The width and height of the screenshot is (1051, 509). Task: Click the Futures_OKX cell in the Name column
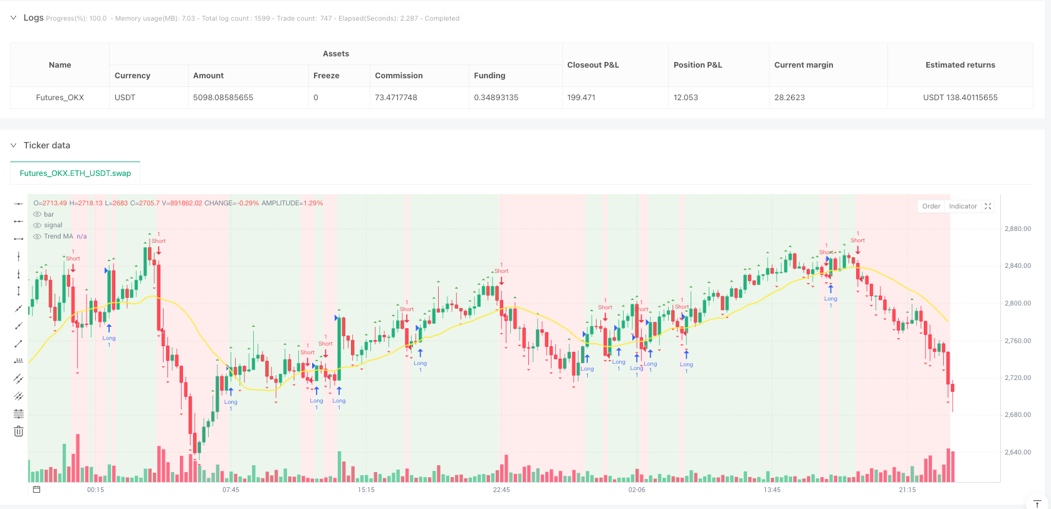click(60, 98)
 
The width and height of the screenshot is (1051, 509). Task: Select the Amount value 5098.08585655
click(223, 98)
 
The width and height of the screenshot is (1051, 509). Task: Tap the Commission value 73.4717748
click(396, 98)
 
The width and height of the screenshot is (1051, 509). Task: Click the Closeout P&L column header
click(593, 65)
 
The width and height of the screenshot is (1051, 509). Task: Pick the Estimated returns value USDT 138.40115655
click(960, 98)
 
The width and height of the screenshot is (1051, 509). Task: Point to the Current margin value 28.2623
click(790, 98)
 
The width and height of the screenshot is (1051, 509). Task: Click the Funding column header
click(489, 76)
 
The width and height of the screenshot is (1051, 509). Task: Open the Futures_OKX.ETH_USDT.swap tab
click(75, 173)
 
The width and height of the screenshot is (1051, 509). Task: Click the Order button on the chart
click(931, 207)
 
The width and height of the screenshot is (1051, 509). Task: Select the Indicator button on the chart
click(963, 207)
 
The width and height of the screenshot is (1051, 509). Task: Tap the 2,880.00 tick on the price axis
click(1018, 229)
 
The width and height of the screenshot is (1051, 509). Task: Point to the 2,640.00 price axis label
click(1018, 452)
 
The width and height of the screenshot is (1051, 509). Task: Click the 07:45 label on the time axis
click(231, 490)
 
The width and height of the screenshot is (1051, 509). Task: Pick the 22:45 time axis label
click(501, 490)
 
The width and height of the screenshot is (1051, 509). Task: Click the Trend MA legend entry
click(58, 237)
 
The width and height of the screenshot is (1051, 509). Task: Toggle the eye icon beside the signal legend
click(38, 225)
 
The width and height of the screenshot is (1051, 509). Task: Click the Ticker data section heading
click(47, 145)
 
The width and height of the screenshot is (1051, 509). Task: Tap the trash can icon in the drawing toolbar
click(19, 431)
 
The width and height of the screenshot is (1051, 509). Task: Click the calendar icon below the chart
click(36, 490)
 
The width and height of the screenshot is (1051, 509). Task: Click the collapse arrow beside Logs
click(13, 18)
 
